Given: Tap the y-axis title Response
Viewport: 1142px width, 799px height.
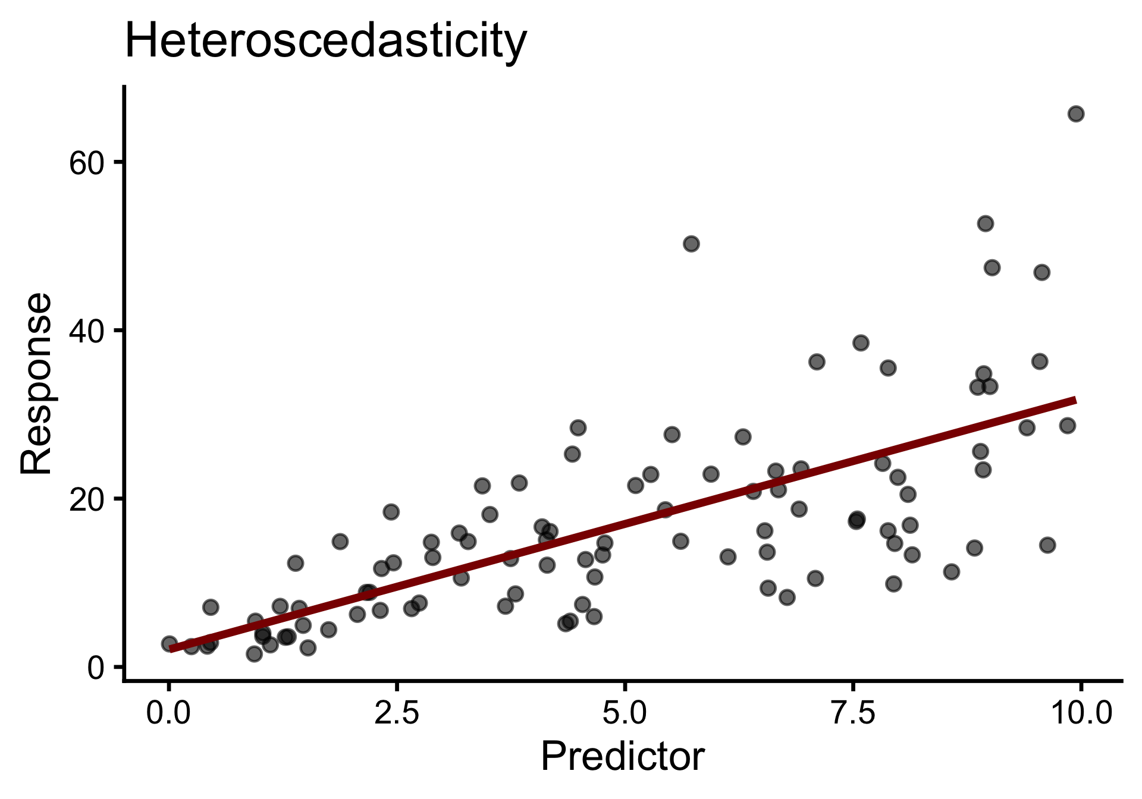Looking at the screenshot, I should [37, 383].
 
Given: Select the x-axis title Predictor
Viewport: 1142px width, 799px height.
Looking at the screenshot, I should [622, 757].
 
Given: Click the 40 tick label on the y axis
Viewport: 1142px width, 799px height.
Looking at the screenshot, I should [87, 331].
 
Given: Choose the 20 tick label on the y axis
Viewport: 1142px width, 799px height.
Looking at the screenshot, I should [87, 499].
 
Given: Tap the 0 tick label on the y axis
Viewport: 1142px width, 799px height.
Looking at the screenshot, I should [96, 668].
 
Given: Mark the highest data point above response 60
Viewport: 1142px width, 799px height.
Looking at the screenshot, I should [1076, 114].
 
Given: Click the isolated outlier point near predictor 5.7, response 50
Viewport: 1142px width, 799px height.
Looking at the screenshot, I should [691, 244].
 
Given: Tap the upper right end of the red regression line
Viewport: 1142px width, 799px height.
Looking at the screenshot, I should [1074, 400].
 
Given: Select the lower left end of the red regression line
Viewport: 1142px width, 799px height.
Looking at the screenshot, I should [171, 649].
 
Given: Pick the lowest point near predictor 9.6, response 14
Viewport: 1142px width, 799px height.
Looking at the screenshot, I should [1047, 545].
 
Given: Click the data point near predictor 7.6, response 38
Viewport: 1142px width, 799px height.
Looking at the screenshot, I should [861, 342].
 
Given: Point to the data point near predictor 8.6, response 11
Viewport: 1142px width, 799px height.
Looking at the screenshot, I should [952, 572].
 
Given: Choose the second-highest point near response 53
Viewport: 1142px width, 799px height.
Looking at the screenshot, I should [986, 224].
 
